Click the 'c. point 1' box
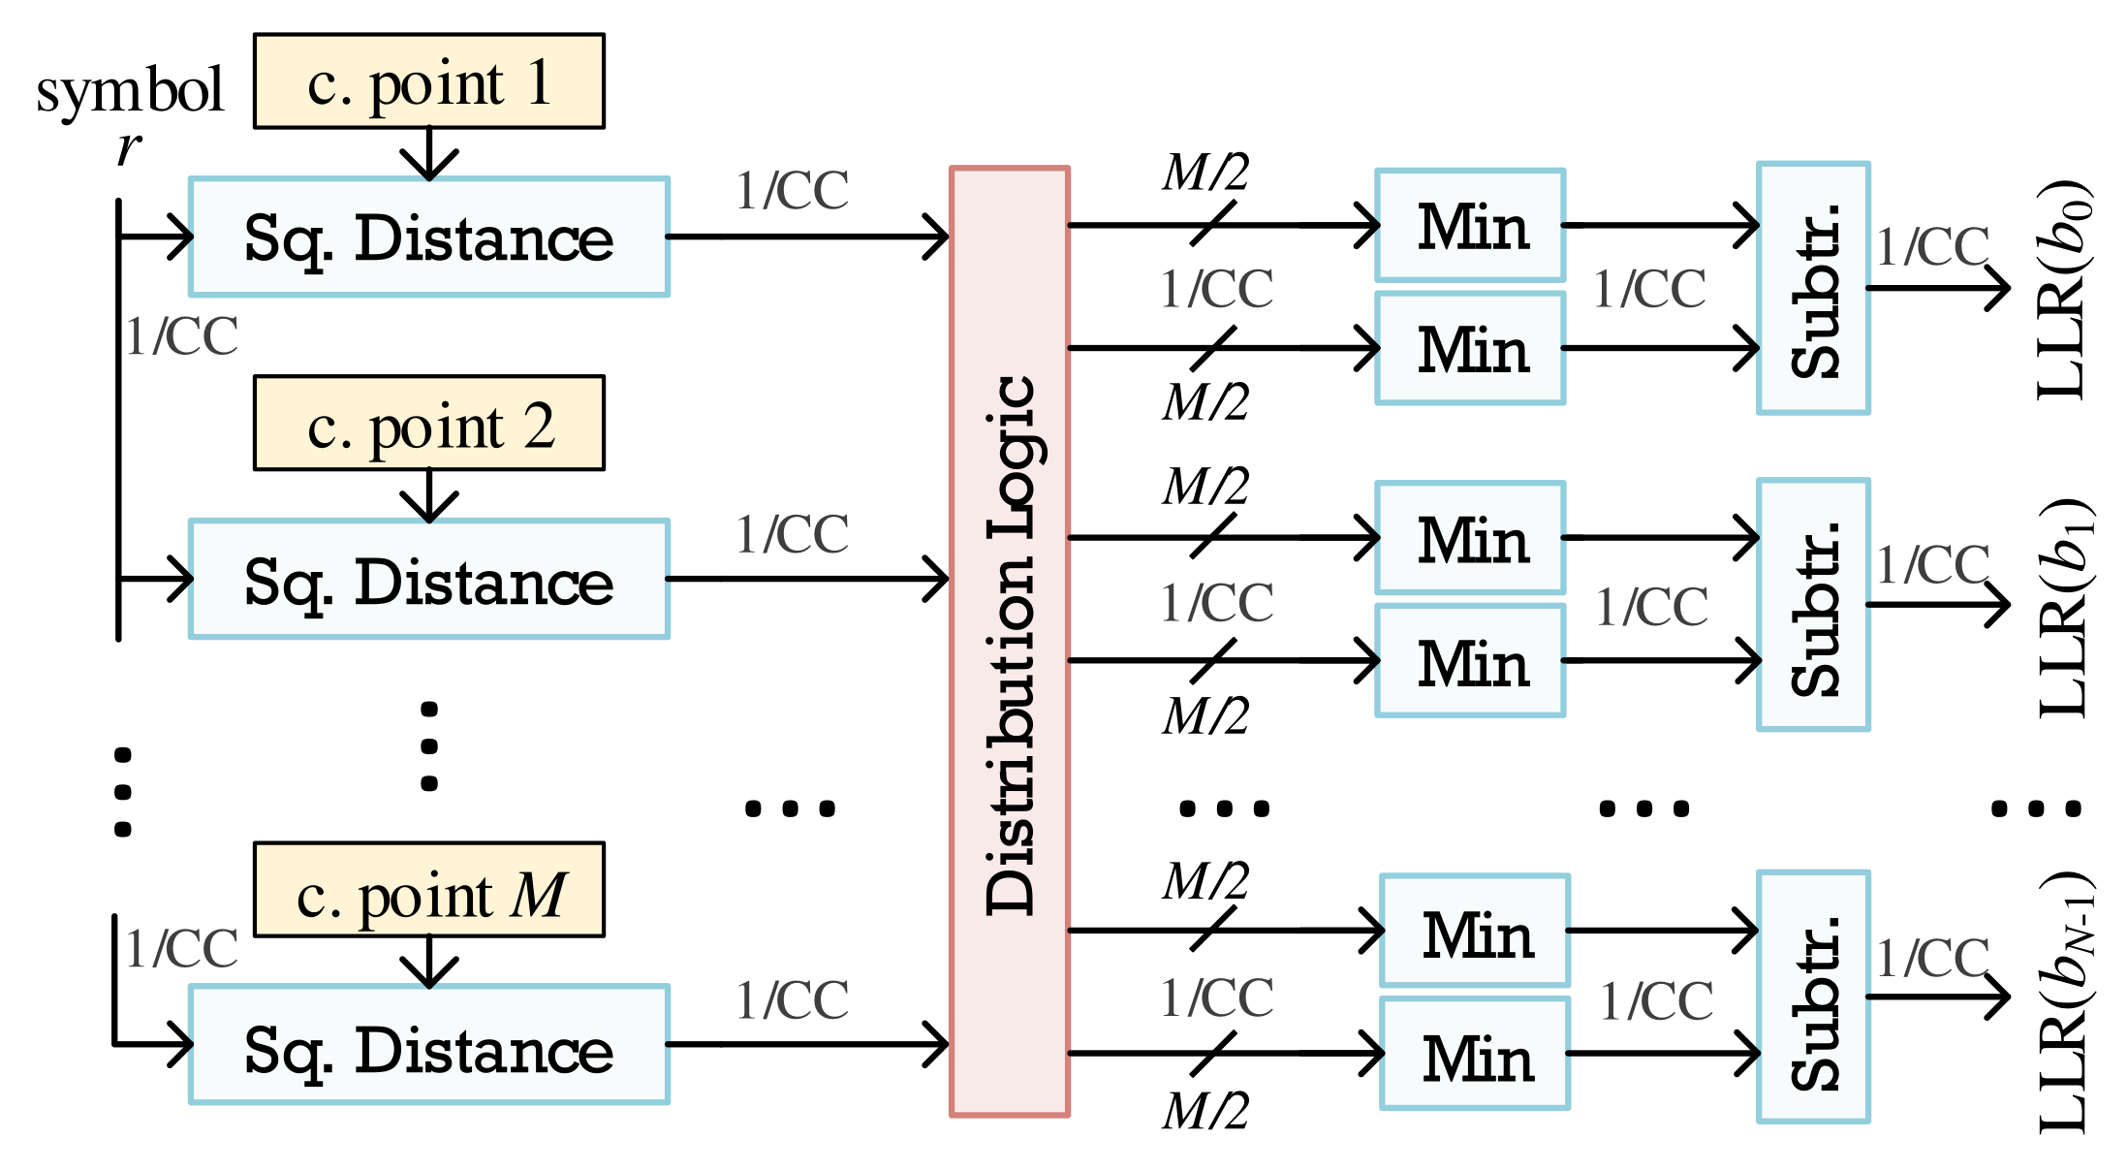click(x=428, y=81)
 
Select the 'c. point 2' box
click(x=428, y=424)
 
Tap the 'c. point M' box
click(x=428, y=890)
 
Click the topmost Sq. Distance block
click(x=428, y=237)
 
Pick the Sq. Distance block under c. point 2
click(x=428, y=580)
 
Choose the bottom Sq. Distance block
click(x=428, y=1045)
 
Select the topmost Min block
click(x=1470, y=226)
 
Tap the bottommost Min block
click(x=1475, y=1055)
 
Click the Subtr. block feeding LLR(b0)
click(x=1813, y=288)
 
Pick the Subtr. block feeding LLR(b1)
click(x=1813, y=605)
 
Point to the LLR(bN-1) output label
click(x=2064, y=1003)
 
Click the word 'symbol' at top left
click(x=130, y=92)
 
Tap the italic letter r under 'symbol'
click(x=128, y=148)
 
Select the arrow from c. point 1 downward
click(x=429, y=154)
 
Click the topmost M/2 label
click(x=1205, y=174)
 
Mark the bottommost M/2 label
click(x=1205, y=1111)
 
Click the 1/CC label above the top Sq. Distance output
click(x=792, y=190)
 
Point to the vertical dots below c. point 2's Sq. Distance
click(x=429, y=746)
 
